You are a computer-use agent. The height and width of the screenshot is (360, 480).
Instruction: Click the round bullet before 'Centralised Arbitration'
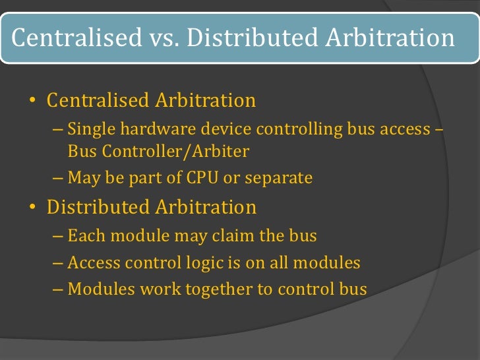(32, 102)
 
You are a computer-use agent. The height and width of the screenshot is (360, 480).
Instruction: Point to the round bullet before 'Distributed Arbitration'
(32, 208)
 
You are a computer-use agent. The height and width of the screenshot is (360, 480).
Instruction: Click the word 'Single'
(89, 129)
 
